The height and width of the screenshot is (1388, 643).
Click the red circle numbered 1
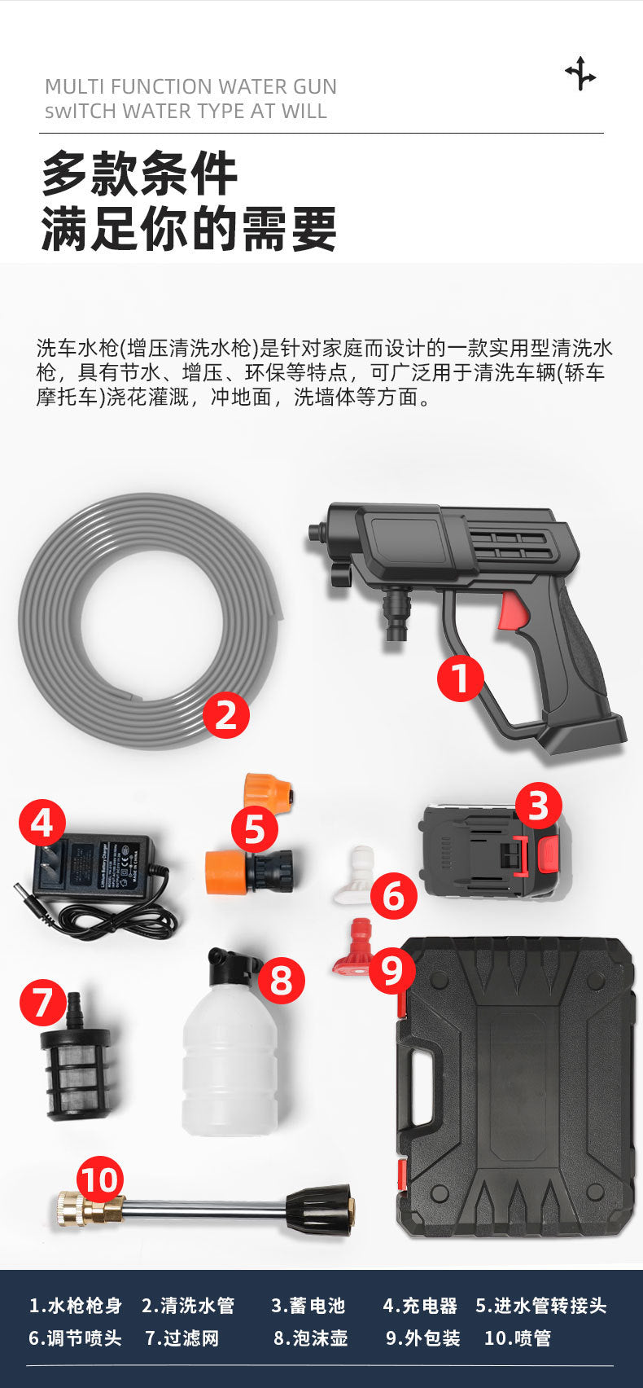[x=461, y=679]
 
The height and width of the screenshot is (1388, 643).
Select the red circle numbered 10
[x=100, y=1179]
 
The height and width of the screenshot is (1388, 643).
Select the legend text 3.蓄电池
[x=308, y=1306]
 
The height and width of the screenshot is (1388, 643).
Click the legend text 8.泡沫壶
[x=310, y=1338]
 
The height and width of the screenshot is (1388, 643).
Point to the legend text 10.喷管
[x=517, y=1338]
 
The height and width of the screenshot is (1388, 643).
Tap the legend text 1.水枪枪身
[x=75, y=1306]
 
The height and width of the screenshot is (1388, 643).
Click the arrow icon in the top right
[x=580, y=74]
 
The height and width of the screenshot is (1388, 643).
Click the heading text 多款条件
[x=139, y=173]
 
